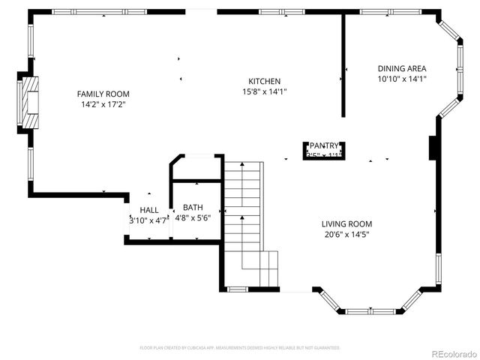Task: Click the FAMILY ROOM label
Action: coord(103,94)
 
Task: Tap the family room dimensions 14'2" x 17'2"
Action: coord(103,104)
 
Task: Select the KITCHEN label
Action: coord(265,81)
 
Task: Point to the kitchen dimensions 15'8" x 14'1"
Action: coord(265,91)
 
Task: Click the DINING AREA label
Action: coord(401,68)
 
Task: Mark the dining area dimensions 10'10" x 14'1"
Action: coord(401,79)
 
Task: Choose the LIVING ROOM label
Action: coord(346,223)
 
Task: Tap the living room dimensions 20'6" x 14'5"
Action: coord(346,234)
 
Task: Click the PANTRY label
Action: coord(325,145)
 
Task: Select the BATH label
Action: coord(193,207)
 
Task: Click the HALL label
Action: coord(149,210)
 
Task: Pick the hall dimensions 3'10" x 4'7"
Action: coord(149,220)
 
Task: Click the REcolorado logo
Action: coord(451,353)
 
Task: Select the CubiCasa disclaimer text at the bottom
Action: coord(240,348)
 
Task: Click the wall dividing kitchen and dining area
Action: coord(343,67)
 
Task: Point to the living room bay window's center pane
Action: coord(370,310)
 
